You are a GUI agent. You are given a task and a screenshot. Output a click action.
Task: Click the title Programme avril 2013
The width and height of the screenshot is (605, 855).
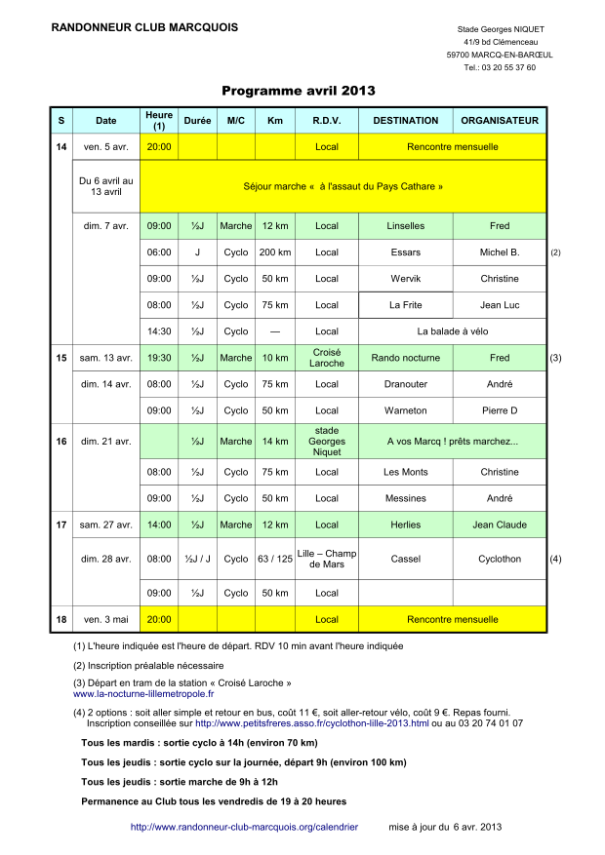(x=298, y=91)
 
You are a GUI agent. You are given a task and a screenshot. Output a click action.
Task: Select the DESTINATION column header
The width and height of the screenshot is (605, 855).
(x=405, y=121)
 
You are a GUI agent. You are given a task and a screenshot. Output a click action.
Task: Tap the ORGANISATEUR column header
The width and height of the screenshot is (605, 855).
(x=500, y=121)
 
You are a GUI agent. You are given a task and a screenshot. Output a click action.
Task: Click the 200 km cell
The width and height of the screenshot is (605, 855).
(x=274, y=253)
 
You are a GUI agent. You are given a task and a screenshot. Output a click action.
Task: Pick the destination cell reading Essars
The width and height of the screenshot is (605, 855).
(x=405, y=253)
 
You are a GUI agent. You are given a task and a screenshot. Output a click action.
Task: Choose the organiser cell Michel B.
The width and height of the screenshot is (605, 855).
(x=500, y=253)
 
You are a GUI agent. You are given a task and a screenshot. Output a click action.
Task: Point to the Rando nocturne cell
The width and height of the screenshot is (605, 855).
(x=405, y=358)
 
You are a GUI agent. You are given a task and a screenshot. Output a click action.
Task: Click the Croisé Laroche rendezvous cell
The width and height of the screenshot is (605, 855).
(x=327, y=358)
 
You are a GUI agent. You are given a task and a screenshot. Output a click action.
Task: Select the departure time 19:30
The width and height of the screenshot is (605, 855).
(x=159, y=358)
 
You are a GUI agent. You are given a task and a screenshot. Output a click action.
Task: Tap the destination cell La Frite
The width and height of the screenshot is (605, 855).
(x=405, y=305)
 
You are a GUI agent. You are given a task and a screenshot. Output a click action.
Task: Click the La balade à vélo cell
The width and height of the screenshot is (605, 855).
(x=452, y=331)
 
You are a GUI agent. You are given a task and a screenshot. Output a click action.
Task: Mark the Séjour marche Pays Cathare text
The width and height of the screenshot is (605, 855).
(x=343, y=185)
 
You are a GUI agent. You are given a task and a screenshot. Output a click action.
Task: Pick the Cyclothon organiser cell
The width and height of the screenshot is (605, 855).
(x=500, y=560)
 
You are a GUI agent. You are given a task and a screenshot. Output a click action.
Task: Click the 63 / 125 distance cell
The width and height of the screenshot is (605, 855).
(x=274, y=560)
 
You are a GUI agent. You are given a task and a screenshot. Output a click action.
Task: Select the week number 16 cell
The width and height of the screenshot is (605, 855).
(x=61, y=442)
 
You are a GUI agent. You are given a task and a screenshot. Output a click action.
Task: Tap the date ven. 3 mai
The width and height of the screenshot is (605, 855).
(x=105, y=619)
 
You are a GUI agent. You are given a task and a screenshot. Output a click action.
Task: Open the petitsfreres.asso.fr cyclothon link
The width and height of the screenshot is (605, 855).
(x=311, y=723)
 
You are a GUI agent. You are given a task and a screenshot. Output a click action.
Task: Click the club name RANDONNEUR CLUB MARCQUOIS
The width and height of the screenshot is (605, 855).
(x=143, y=27)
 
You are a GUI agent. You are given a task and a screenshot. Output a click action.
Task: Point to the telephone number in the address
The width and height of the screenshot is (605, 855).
(x=500, y=68)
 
